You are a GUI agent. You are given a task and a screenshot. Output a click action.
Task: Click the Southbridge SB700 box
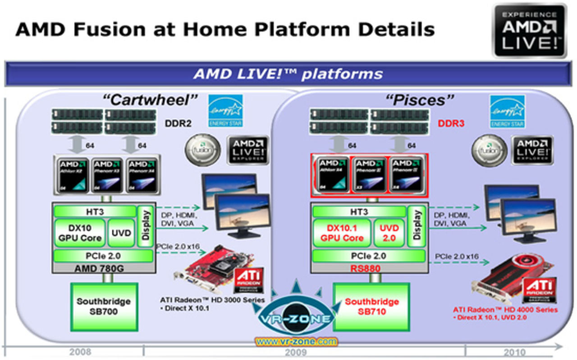[x=104, y=306]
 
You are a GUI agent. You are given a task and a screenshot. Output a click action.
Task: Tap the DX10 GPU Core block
[x=79, y=233]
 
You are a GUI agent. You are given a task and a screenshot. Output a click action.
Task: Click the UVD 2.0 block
[x=389, y=233]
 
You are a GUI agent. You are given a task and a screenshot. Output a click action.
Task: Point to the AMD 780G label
[x=104, y=268]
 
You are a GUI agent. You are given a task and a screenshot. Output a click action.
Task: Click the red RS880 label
[x=368, y=268]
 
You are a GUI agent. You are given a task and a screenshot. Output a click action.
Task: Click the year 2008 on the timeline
[x=80, y=352]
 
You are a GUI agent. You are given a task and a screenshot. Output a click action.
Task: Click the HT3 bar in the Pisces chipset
[x=358, y=212]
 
